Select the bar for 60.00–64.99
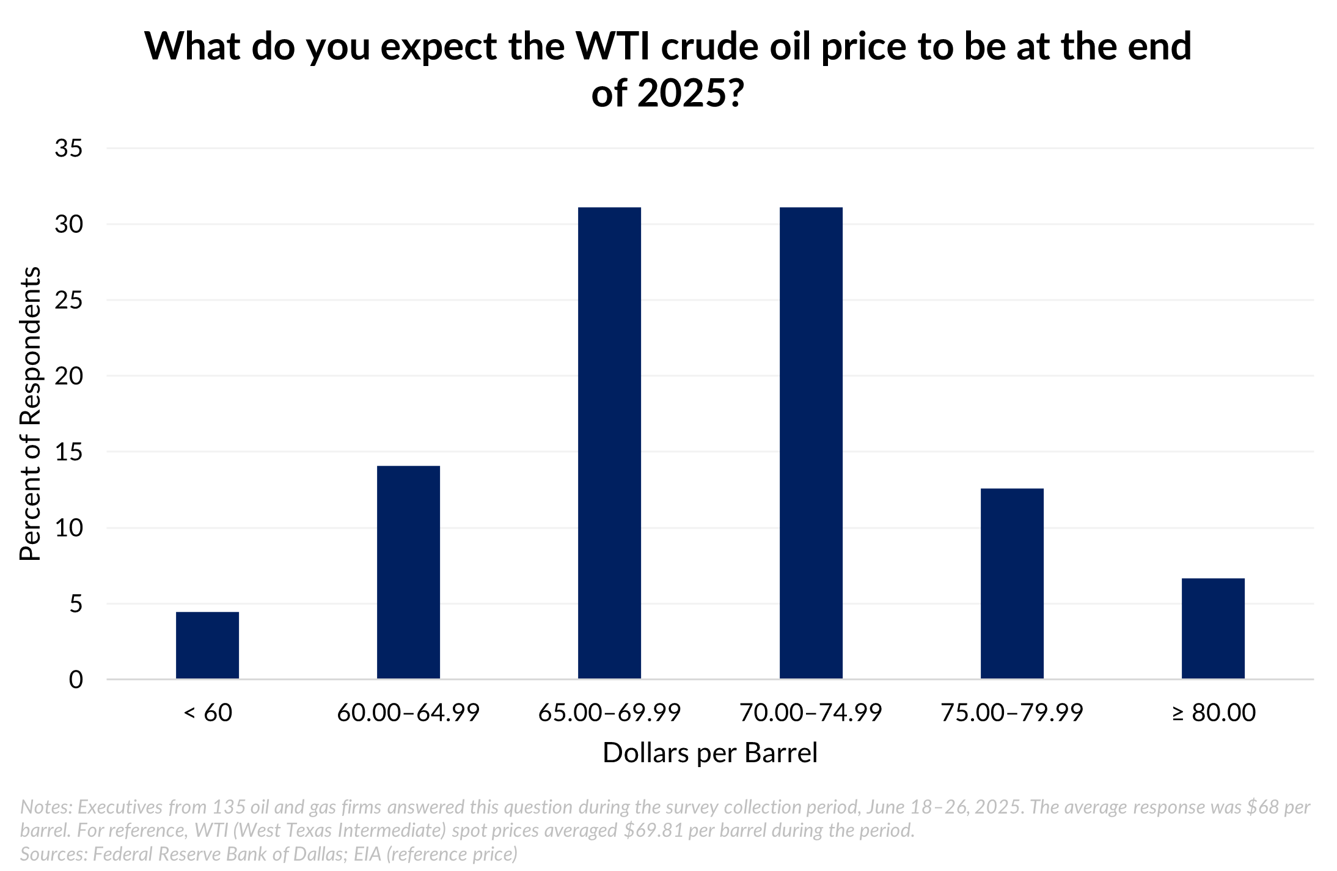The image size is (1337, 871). coord(408,572)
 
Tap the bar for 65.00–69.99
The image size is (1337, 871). coord(609,443)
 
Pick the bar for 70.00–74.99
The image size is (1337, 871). coord(811,443)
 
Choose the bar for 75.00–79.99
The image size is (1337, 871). coord(1012,583)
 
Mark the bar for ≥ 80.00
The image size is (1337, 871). coord(1213,628)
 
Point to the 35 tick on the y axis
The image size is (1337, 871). coord(68,149)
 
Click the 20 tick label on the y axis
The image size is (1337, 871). coord(68,377)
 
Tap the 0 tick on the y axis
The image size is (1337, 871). coord(76,680)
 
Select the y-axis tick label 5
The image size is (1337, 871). coord(76,604)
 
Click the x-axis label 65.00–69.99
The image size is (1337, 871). coord(609,713)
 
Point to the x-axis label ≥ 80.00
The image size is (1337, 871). coord(1214,713)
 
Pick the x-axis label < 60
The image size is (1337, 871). coord(208,713)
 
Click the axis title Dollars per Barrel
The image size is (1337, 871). coord(709,753)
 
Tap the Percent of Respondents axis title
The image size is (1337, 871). coord(30,414)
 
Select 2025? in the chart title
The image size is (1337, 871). coord(690,94)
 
